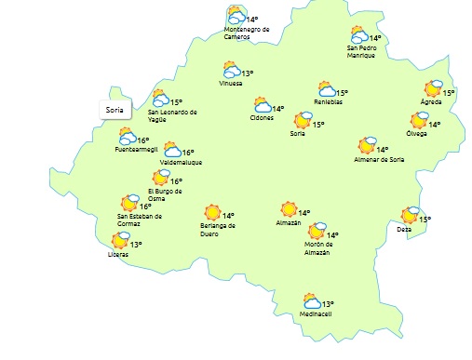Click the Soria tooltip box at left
(x=115, y=110)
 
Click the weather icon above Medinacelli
(x=311, y=301)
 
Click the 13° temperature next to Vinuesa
(x=248, y=72)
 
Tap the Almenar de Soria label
(x=380, y=160)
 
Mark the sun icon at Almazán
(x=289, y=211)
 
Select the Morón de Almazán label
(x=317, y=249)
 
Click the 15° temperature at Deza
(x=425, y=220)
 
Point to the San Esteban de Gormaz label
(x=140, y=220)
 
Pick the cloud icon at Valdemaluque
(x=171, y=150)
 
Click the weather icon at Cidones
(x=262, y=106)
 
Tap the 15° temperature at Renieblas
(x=342, y=93)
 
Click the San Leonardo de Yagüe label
(x=172, y=115)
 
